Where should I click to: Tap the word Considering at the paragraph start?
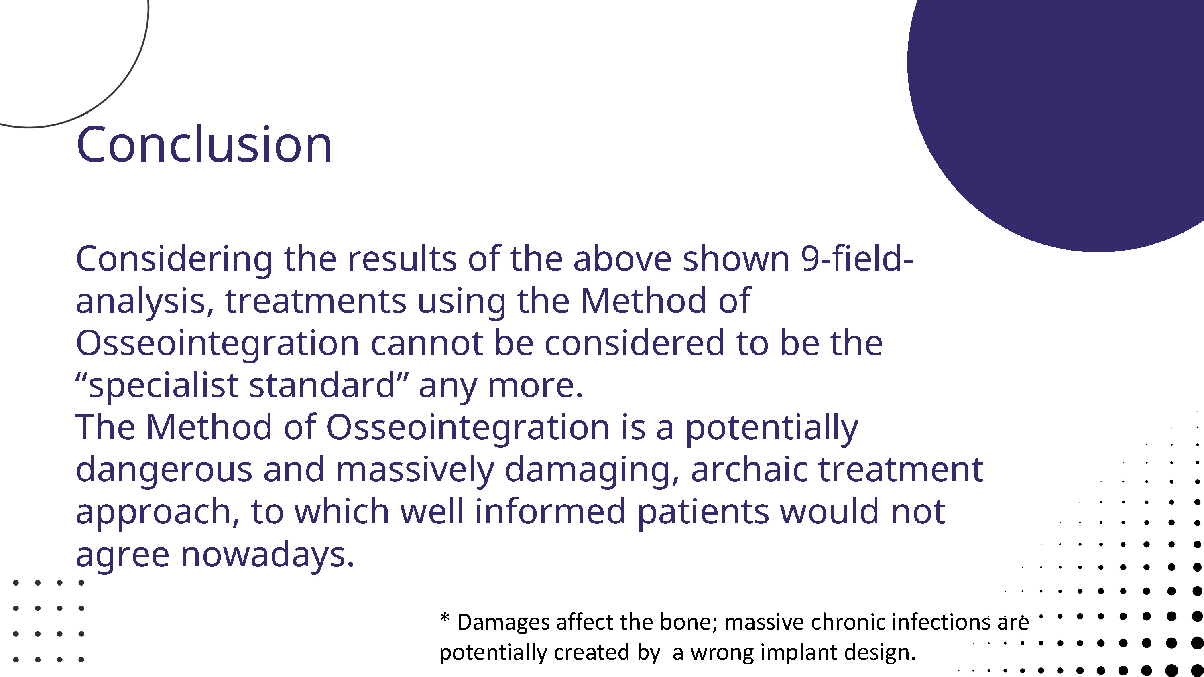(x=174, y=260)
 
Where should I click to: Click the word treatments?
(x=315, y=301)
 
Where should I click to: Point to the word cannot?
(x=427, y=343)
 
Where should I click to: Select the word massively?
(x=415, y=470)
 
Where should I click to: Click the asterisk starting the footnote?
(x=445, y=619)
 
